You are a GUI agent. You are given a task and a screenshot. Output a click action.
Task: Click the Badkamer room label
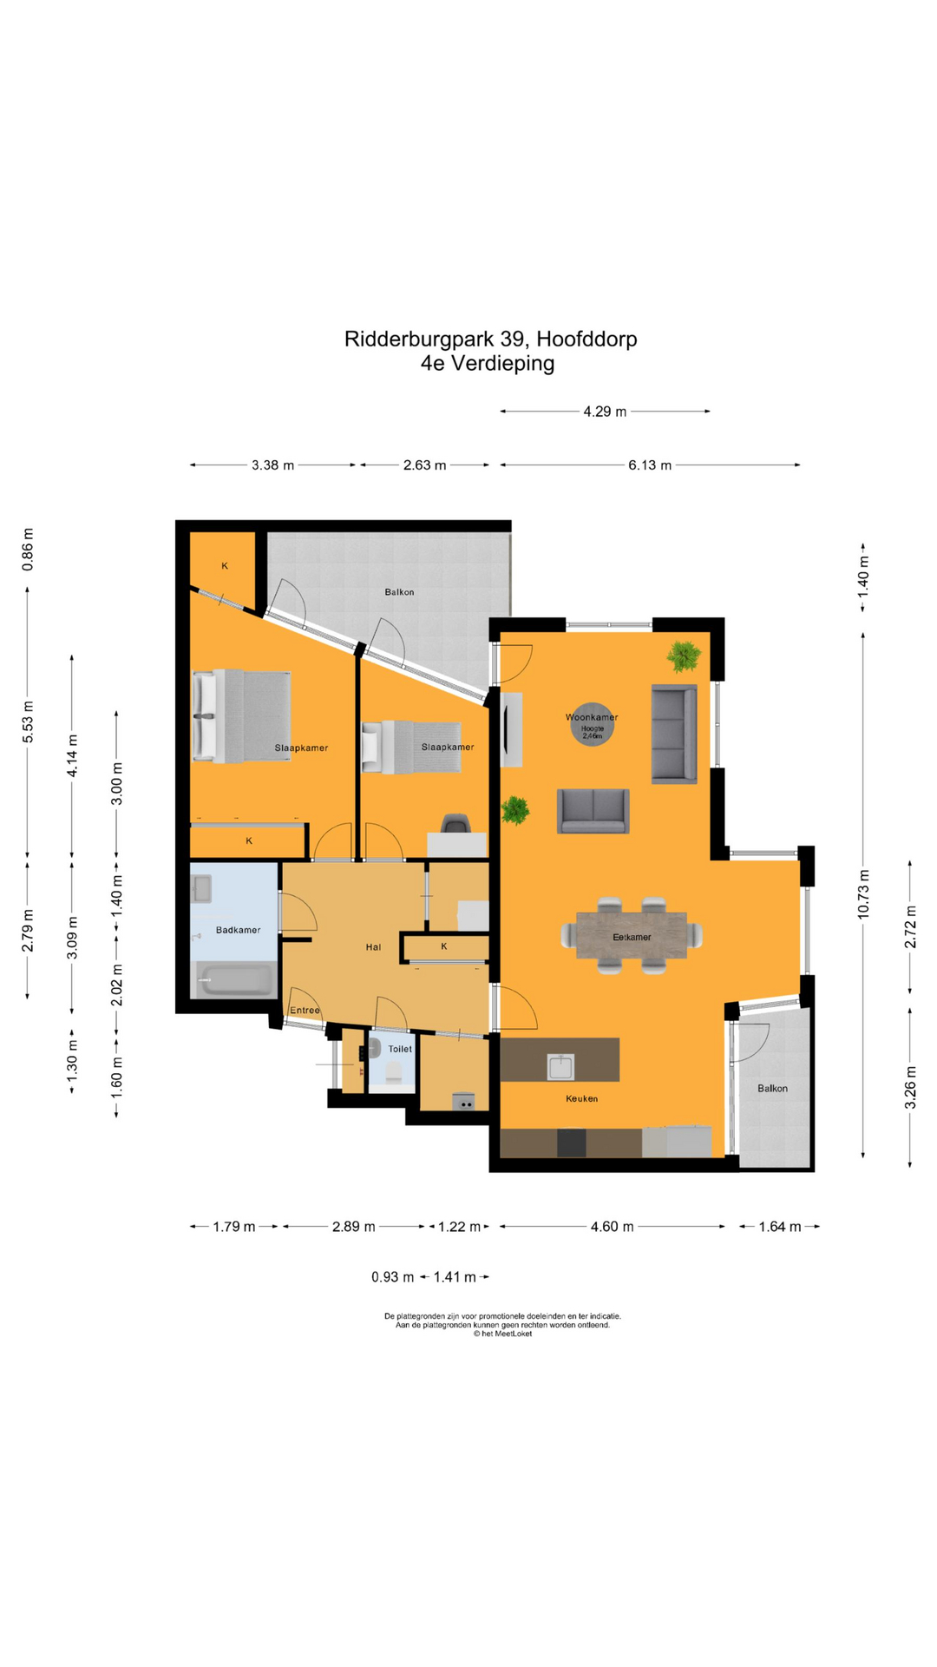point(238,930)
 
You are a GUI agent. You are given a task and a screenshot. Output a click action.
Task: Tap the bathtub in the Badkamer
point(233,979)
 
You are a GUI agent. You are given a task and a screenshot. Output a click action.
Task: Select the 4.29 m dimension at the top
point(605,412)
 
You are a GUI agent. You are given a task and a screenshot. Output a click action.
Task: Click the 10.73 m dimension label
point(862,893)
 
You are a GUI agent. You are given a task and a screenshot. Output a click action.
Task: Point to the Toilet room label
point(400,1049)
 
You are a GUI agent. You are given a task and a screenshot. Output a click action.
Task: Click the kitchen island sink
point(560,1066)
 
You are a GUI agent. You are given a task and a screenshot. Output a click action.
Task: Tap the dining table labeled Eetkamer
point(632,935)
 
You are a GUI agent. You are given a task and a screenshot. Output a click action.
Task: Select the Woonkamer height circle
point(592,724)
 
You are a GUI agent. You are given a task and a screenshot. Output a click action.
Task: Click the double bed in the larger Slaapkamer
point(242,716)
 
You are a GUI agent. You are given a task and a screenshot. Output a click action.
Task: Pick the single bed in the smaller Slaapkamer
point(413,747)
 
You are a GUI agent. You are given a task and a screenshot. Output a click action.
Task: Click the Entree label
point(305,1010)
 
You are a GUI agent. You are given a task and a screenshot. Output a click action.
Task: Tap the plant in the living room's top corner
point(684,656)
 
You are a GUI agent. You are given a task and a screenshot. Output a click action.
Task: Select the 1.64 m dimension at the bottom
point(779,1226)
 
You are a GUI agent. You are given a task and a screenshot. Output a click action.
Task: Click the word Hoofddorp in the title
point(586,339)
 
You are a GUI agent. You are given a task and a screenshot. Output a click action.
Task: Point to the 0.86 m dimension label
point(28,550)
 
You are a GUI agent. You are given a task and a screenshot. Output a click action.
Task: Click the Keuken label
point(581,1098)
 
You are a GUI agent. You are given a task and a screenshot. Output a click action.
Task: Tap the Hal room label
point(373,946)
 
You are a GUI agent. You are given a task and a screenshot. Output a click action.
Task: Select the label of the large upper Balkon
point(399,592)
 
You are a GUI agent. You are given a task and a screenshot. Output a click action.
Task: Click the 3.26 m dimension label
point(910,1087)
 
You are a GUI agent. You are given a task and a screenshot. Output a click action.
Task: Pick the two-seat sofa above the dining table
point(593,811)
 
